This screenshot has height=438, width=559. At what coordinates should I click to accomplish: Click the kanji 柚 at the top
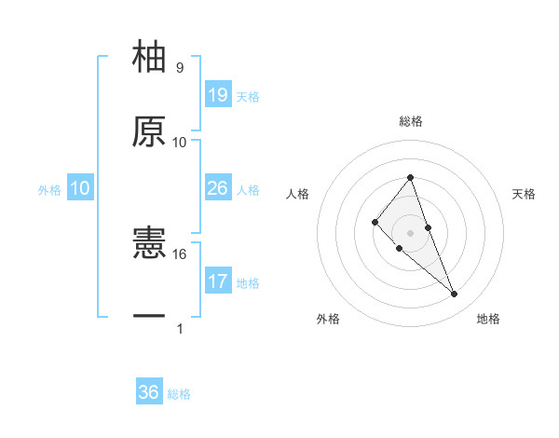[x=150, y=57]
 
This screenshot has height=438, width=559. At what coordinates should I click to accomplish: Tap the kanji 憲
[x=150, y=244]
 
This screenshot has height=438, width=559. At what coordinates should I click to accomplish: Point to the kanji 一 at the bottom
[x=150, y=318]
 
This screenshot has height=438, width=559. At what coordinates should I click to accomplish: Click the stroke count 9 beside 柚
[x=180, y=68]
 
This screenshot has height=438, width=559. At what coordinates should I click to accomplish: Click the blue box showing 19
[x=217, y=95]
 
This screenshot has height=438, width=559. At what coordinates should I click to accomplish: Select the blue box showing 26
[x=217, y=188]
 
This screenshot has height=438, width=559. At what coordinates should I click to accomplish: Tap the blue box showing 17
[x=217, y=281]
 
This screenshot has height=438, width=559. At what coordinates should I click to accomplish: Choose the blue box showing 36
[x=149, y=392]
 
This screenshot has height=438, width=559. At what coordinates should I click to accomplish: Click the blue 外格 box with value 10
[x=80, y=188]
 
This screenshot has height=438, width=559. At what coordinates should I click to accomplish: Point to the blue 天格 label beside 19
[x=248, y=97]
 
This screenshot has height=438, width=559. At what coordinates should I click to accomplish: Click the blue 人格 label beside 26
[x=248, y=190]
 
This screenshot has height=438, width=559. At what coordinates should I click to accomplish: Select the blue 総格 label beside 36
[x=179, y=394]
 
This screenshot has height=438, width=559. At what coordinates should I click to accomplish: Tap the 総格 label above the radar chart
[x=411, y=121]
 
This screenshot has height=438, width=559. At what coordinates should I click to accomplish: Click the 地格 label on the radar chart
[x=488, y=319]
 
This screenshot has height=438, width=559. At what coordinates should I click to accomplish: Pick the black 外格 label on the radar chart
[x=329, y=319]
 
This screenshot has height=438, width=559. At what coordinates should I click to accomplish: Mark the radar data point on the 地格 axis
[x=455, y=294]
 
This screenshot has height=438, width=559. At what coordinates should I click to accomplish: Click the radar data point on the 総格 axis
[x=411, y=177]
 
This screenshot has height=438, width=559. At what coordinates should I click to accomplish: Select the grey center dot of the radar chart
[x=411, y=233]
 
